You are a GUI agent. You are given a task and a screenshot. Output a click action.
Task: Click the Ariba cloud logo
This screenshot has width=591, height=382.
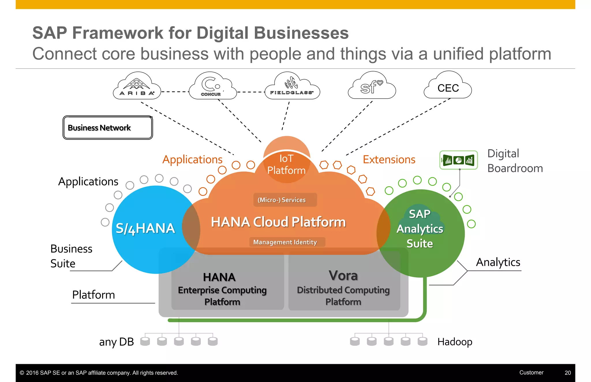pos(137,86)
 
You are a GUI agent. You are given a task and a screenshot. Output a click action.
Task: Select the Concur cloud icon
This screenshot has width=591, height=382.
pos(212,86)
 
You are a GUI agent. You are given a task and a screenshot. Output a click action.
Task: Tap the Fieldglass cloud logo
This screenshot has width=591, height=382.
pos(292,86)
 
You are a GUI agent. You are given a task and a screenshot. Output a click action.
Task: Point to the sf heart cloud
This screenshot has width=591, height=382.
pos(372,86)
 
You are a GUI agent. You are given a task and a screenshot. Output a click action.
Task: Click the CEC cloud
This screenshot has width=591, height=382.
pos(448,88)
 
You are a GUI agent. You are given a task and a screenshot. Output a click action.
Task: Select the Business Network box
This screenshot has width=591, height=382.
pos(108,128)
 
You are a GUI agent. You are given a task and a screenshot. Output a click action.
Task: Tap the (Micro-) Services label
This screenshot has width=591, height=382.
pos(282,200)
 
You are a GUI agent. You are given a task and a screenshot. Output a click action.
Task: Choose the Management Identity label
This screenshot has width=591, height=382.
pos(285,242)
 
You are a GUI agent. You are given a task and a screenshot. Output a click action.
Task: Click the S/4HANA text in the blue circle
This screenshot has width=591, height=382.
pos(145,228)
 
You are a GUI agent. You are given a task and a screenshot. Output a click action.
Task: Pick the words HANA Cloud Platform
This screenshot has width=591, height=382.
pos(278,222)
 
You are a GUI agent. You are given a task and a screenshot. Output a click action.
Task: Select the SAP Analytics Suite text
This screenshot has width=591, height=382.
pos(420,229)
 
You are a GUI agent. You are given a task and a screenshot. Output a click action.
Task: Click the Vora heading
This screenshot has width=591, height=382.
pos(343,276)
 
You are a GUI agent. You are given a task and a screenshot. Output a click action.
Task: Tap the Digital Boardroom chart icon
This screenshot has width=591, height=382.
pos(458,160)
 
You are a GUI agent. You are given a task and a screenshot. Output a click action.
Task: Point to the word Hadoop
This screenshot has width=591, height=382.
pos(455,342)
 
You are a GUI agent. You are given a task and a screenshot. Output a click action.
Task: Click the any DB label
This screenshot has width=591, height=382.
pos(116,342)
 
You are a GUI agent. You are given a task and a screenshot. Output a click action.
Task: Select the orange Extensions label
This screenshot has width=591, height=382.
pos(389,159)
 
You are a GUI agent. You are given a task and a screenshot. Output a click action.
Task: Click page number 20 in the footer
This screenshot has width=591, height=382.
pos(568,373)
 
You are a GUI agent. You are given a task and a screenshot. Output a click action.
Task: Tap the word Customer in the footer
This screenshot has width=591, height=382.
pos(531,372)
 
